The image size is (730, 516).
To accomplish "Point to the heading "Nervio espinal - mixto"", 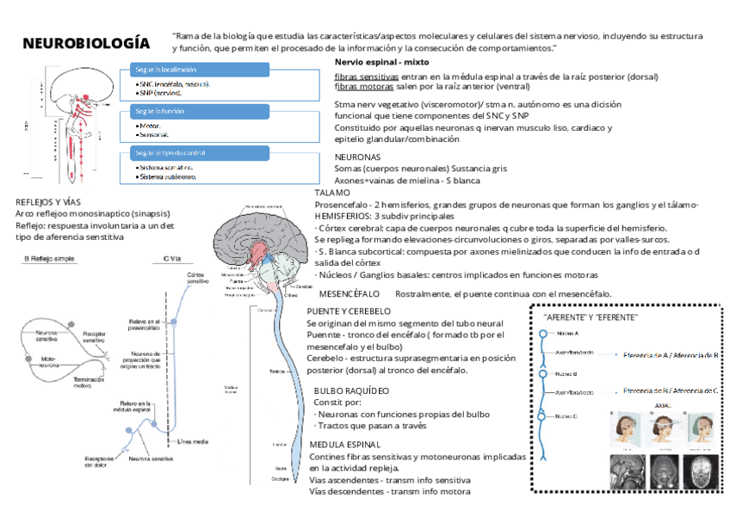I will [x=381, y=64].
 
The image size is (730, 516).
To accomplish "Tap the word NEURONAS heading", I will [x=357, y=158].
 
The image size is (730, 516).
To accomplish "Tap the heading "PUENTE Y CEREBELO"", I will [x=349, y=310].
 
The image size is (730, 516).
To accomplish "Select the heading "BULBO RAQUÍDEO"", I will [x=352, y=390].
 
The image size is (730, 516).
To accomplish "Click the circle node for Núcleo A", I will [x=542, y=334].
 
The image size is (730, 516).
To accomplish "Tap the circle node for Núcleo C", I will [x=542, y=416].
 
